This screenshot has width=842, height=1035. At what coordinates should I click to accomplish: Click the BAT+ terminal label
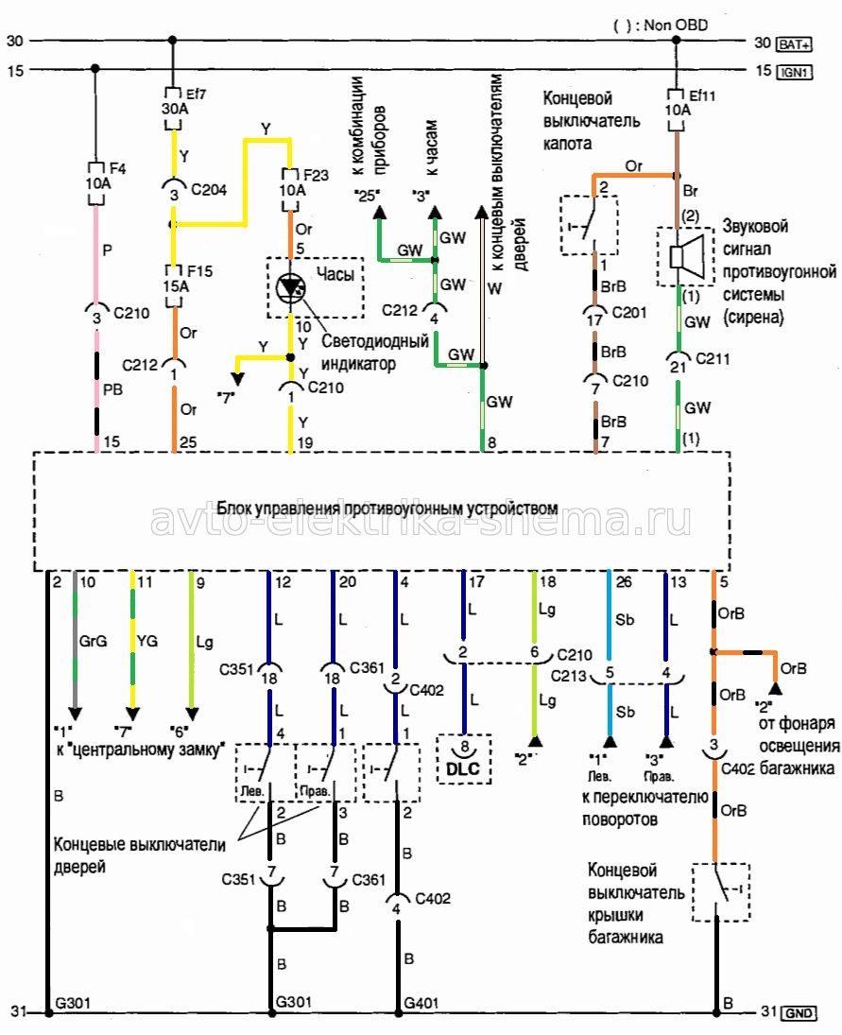coord(794,43)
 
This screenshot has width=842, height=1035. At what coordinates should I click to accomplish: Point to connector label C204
coord(209,188)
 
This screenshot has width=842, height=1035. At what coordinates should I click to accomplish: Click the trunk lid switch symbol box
coord(720,891)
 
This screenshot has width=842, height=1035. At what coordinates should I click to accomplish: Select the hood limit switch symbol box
coord(589,225)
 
